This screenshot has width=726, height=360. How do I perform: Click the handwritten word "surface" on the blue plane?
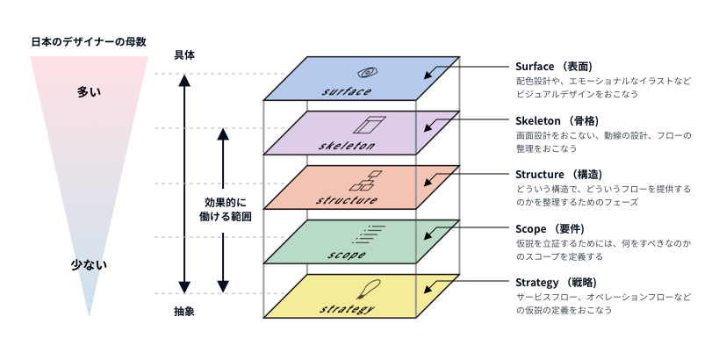(x=347, y=90)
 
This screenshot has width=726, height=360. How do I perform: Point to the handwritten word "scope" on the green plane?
(x=347, y=255)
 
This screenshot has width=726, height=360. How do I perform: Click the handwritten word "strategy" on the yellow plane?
(x=348, y=310)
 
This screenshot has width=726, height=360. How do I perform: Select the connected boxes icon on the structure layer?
(x=366, y=180)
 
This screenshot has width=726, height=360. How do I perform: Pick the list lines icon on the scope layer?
(x=371, y=233)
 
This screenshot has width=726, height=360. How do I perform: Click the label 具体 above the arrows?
(x=184, y=54)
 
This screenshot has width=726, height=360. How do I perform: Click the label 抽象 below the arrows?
(x=184, y=311)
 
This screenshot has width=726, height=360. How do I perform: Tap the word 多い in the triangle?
(x=89, y=91)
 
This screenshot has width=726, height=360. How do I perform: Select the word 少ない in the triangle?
(x=89, y=263)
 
